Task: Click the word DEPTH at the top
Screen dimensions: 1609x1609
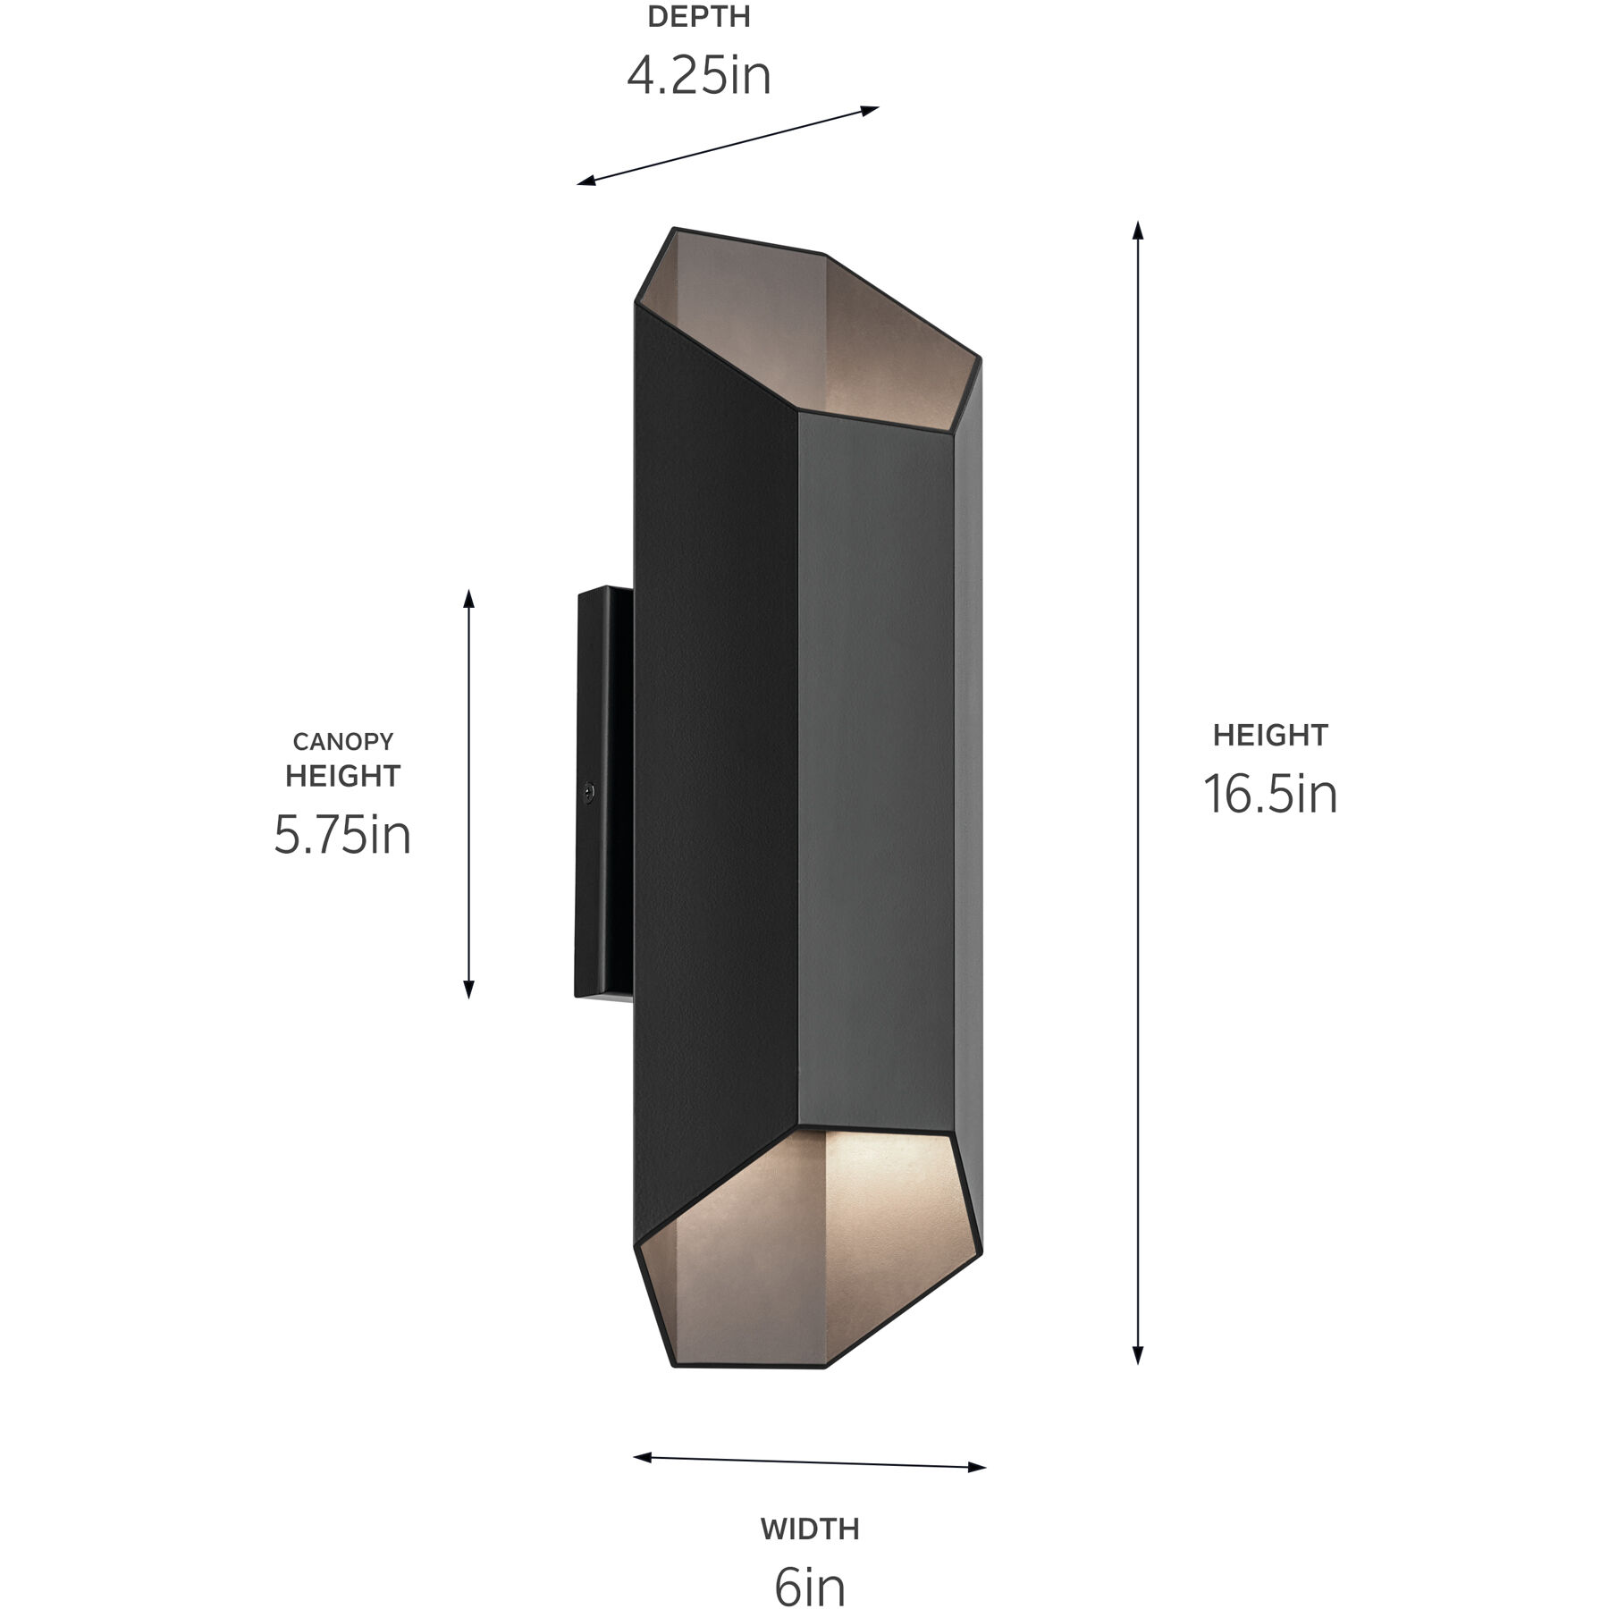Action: pyautogui.click(x=698, y=17)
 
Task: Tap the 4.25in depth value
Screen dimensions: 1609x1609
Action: pyautogui.click(x=698, y=75)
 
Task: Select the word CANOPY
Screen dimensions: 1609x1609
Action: pyautogui.click(x=343, y=742)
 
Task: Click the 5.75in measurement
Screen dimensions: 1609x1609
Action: pyautogui.click(x=342, y=835)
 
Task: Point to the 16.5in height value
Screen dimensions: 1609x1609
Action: pyautogui.click(x=1269, y=794)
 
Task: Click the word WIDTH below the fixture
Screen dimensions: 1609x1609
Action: pyautogui.click(x=810, y=1529)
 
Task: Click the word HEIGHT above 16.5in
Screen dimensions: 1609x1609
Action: pyautogui.click(x=1269, y=736)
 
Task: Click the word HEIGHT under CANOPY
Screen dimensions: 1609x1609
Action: pyautogui.click(x=343, y=776)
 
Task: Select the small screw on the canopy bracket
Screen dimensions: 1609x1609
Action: pyautogui.click(x=588, y=791)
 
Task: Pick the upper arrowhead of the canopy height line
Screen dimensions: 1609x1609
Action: pyautogui.click(x=468, y=597)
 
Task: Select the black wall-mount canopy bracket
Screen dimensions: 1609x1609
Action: pyautogui.click(x=604, y=791)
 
